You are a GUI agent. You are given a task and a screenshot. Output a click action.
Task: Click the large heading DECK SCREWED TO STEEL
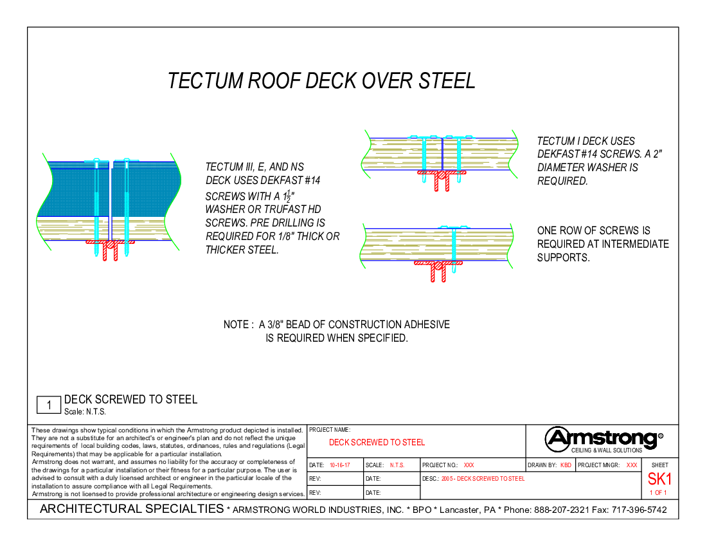pyautogui.click(x=377, y=443)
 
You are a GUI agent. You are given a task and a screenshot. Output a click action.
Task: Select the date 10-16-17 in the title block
pyautogui.click(x=339, y=465)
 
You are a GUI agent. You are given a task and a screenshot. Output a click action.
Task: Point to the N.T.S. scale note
pyautogui.click(x=397, y=465)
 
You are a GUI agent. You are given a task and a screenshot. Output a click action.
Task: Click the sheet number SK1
pyautogui.click(x=659, y=479)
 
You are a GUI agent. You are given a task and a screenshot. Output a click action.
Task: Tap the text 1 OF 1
pyautogui.click(x=658, y=493)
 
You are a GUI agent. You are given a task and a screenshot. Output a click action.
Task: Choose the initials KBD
pyautogui.click(x=566, y=465)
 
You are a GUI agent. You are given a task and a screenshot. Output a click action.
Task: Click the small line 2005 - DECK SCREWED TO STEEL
pyautogui.click(x=483, y=479)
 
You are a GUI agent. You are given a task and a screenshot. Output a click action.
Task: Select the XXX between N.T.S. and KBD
pyautogui.click(x=469, y=465)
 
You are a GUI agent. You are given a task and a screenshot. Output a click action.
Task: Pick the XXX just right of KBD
pyautogui.click(x=632, y=465)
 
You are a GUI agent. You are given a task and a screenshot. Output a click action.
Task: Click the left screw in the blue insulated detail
pyautogui.click(x=96, y=206)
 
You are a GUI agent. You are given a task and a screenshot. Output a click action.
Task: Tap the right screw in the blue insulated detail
pyautogui.click(x=127, y=206)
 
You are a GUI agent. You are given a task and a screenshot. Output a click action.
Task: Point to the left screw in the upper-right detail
pyautogui.click(x=424, y=158)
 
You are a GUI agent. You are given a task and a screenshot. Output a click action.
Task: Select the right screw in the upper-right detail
pyautogui.click(x=459, y=158)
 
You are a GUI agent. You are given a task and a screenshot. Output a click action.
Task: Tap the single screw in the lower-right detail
pyautogui.click(x=454, y=248)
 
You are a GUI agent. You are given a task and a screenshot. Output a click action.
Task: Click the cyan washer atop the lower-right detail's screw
pyautogui.click(x=454, y=227)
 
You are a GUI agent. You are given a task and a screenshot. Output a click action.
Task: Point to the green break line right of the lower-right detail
pyautogui.click(x=511, y=246)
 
